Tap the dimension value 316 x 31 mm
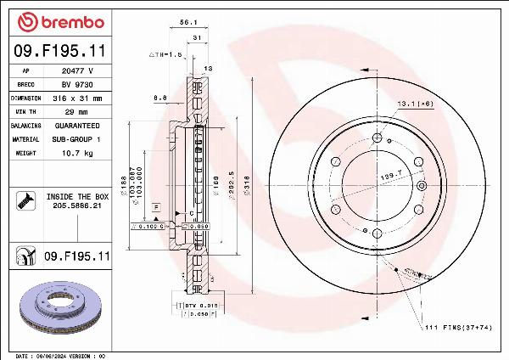click(x=79, y=98)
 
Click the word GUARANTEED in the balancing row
click(x=79, y=125)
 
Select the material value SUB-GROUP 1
click(x=79, y=138)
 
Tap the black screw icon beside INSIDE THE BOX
click(x=24, y=200)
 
